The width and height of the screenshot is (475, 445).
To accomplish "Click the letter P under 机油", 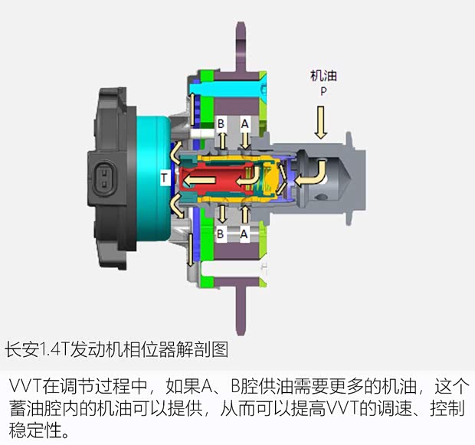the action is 323,91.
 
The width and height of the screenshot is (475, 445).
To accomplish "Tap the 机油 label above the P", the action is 323,76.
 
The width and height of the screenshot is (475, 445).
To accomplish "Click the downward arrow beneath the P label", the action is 321,123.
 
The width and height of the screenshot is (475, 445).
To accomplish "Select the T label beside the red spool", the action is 164,177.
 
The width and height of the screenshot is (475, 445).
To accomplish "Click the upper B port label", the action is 221,123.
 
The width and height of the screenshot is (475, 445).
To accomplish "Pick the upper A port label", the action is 244,123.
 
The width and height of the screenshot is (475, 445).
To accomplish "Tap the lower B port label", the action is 220,234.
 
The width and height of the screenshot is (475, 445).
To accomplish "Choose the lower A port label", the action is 244,234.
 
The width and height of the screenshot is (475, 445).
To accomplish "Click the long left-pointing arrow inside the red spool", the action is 200,181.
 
